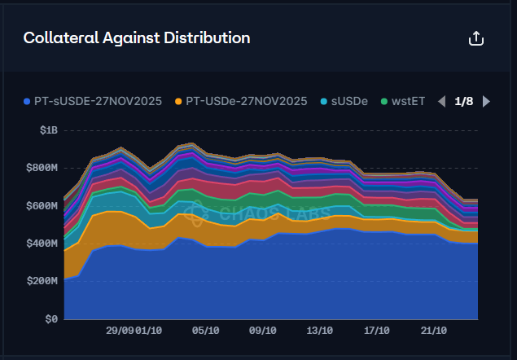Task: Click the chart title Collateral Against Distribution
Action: click(137, 38)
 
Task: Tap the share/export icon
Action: click(477, 38)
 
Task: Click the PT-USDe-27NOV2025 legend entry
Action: click(241, 102)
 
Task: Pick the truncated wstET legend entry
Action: click(405, 102)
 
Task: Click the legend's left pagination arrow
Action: click(441, 102)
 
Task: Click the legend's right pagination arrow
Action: click(486, 102)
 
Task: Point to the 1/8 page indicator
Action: click(463, 102)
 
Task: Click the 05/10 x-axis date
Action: click(205, 331)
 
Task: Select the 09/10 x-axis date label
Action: click(262, 331)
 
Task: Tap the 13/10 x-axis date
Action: click(319, 331)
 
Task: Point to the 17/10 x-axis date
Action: click(376, 331)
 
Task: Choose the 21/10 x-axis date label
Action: click(433, 331)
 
